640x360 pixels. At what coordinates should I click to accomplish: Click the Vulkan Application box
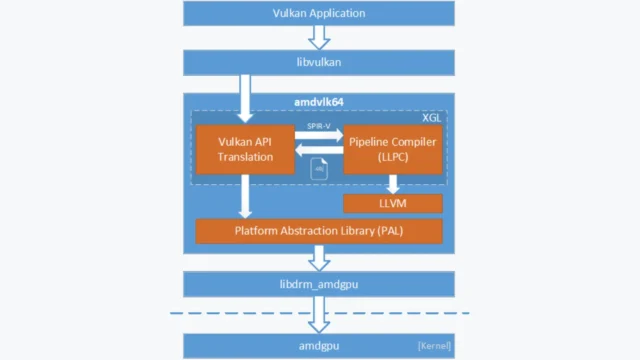pyautogui.click(x=318, y=13)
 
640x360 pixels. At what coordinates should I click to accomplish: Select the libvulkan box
pyautogui.click(x=318, y=63)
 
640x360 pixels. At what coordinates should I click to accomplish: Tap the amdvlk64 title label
pyautogui.click(x=318, y=102)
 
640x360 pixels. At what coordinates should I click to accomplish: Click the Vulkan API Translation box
pyautogui.click(x=244, y=149)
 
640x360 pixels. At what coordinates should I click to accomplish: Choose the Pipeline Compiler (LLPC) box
pyautogui.click(x=392, y=149)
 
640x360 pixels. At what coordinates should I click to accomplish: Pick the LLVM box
pyautogui.click(x=392, y=204)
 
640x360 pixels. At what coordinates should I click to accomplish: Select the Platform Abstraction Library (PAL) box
pyautogui.click(x=318, y=231)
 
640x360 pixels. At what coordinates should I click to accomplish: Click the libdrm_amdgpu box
pyautogui.click(x=318, y=284)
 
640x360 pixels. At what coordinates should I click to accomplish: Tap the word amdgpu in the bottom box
pyautogui.click(x=318, y=346)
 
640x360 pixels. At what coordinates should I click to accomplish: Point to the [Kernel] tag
pyautogui.click(x=433, y=346)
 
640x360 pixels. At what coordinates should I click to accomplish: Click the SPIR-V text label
pyautogui.click(x=319, y=126)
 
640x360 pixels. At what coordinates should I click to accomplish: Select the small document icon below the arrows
pyautogui.click(x=319, y=169)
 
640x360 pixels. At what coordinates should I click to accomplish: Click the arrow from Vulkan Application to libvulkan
pyautogui.click(x=319, y=37)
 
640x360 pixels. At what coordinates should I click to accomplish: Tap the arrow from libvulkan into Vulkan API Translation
pyautogui.click(x=244, y=99)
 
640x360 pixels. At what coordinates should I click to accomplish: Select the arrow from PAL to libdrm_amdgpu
pyautogui.click(x=319, y=258)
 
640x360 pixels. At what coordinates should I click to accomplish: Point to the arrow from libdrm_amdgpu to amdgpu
pyautogui.click(x=319, y=315)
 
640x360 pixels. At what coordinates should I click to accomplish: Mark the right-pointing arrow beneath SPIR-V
pyautogui.click(x=319, y=136)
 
